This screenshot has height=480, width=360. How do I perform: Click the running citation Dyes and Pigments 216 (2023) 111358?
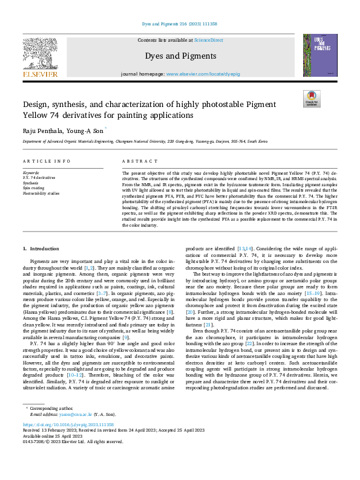tap(180, 24)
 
